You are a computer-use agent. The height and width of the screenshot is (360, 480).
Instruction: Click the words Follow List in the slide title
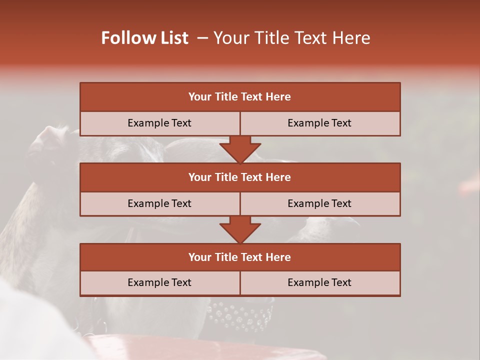[145, 38]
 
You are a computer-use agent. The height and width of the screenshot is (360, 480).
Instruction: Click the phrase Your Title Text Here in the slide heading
[291, 38]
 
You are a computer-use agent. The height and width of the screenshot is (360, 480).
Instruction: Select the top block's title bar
[239, 97]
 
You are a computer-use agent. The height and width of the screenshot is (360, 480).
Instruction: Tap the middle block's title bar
[239, 177]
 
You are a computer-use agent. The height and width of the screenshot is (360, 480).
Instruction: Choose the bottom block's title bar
[239, 257]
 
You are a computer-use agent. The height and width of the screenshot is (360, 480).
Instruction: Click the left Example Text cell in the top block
[159, 123]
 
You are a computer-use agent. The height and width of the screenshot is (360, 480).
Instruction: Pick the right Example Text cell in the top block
[319, 123]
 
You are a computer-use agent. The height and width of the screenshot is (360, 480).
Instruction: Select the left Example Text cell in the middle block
[159, 203]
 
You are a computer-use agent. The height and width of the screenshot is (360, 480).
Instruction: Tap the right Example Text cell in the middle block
[319, 203]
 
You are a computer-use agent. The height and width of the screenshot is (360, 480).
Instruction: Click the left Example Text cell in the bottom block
[159, 282]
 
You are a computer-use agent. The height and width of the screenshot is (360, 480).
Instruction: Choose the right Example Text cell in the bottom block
[319, 282]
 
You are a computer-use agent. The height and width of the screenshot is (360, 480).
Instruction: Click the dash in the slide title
[203, 38]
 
